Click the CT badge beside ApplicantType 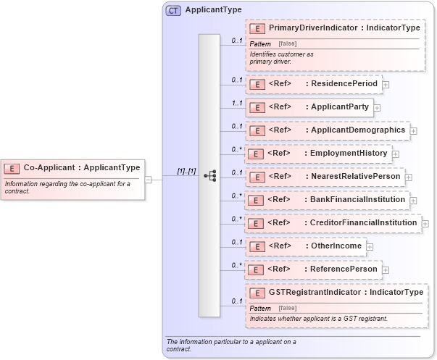tap(174, 10)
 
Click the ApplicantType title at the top tap(213, 10)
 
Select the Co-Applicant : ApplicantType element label tap(82, 167)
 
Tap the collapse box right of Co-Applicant tap(148, 179)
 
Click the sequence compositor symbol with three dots tap(209, 175)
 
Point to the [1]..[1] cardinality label tap(186, 171)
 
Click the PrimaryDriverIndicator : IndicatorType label tap(344, 28)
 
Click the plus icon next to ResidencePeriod tap(386, 85)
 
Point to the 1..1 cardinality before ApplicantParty tap(236, 103)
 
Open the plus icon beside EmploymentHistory tap(396, 154)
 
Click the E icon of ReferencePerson tap(255, 269)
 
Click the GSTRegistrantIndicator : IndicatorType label tap(346, 293)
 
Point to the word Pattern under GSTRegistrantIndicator tap(261, 309)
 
